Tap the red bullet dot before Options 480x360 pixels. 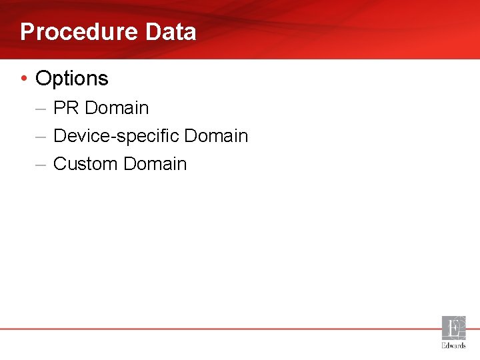(x=24, y=79)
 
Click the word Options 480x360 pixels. (x=72, y=79)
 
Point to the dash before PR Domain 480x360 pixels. (x=41, y=108)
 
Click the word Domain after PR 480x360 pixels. (x=117, y=108)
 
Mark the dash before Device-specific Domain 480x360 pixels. (x=41, y=136)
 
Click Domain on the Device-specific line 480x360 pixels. (x=216, y=136)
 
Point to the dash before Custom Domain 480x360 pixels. (x=41, y=164)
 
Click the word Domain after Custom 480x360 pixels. (x=155, y=164)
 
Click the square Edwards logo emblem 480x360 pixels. (x=454, y=328)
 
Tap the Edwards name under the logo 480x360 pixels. (x=454, y=345)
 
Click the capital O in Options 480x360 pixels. (x=43, y=79)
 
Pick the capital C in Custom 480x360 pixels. (x=60, y=164)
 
